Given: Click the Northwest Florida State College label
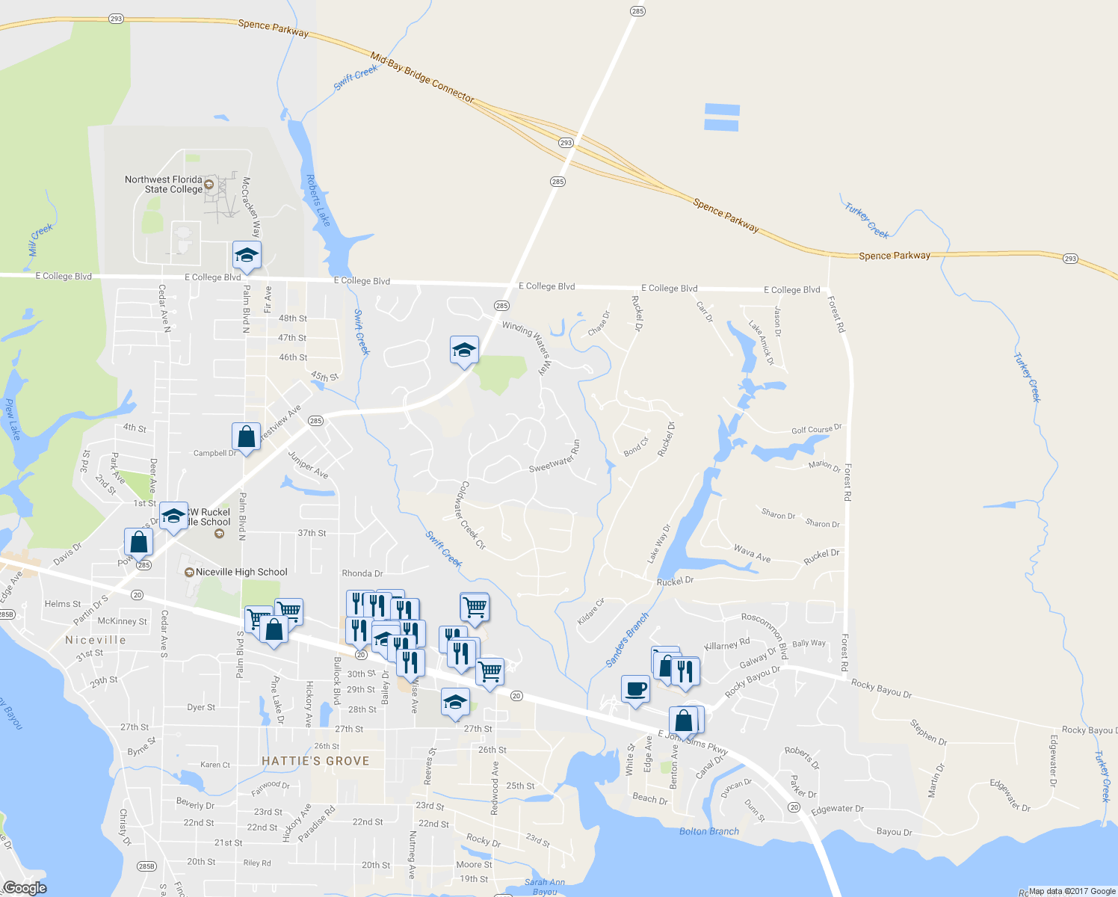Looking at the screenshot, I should [164, 185].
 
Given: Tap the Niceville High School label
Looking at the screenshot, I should [241, 573].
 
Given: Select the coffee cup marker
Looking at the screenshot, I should [635, 688].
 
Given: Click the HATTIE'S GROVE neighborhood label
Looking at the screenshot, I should [315, 761].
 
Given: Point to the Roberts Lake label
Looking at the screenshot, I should [318, 200].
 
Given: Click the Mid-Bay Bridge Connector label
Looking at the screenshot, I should [422, 76].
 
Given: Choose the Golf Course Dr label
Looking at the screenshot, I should [816, 430].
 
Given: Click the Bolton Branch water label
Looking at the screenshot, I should [708, 831].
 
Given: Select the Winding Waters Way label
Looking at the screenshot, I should [528, 346].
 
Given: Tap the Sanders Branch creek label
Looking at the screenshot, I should [627, 640].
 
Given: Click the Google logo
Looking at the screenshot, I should [25, 888].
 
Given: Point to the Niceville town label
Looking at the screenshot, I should [96, 641].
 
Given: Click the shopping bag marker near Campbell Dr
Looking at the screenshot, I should [246, 436].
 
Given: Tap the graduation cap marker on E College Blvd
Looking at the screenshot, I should [247, 256].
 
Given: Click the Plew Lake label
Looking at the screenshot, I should [11, 419].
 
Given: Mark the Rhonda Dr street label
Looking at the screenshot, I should [362, 574].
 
